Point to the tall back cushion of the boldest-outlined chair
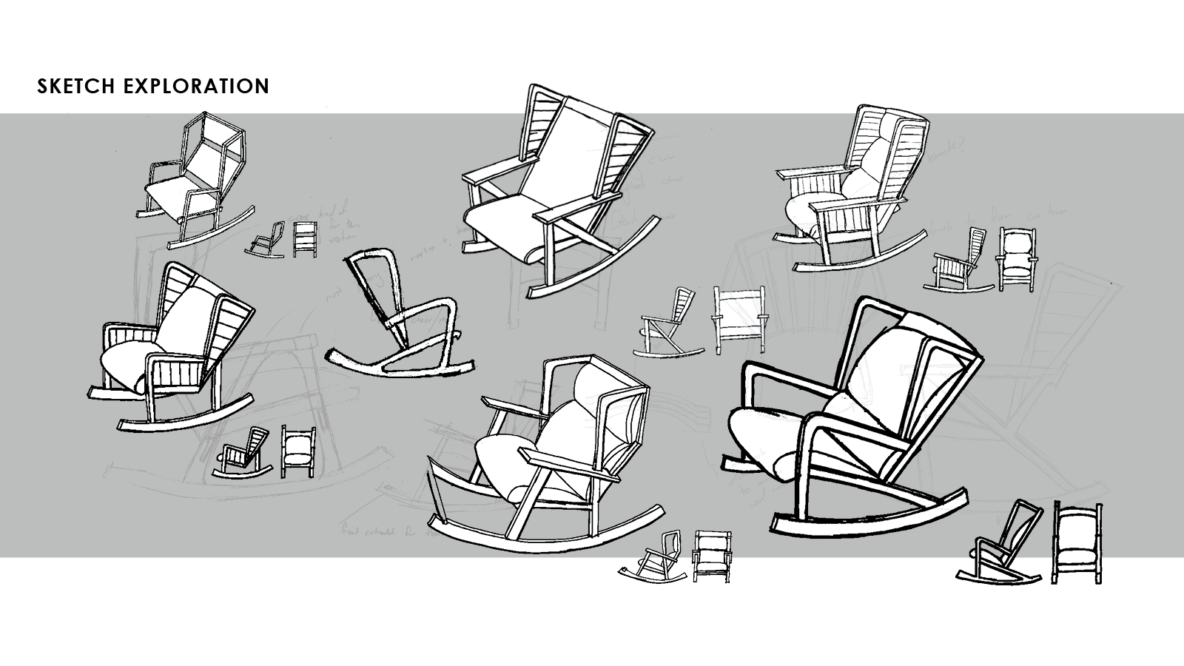(881, 370)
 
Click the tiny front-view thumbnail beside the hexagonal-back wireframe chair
(304, 239)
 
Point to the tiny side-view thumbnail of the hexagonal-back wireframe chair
(267, 240)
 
